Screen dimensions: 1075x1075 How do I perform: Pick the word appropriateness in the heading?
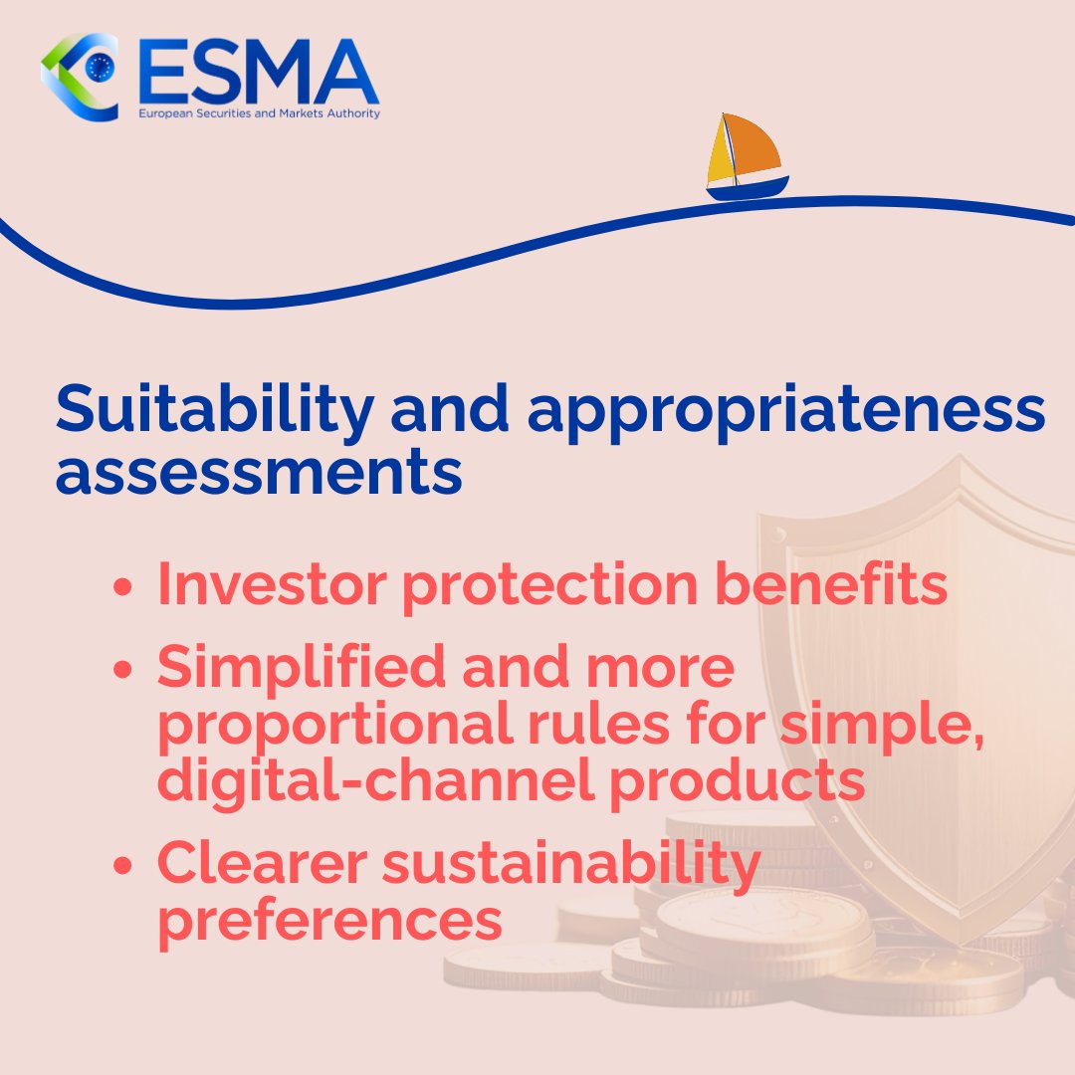(786, 411)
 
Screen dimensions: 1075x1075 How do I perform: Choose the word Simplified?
(305, 669)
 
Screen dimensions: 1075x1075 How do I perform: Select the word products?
(737, 780)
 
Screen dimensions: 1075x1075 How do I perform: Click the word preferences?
(329, 921)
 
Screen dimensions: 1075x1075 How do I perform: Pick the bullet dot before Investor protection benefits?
(123, 587)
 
